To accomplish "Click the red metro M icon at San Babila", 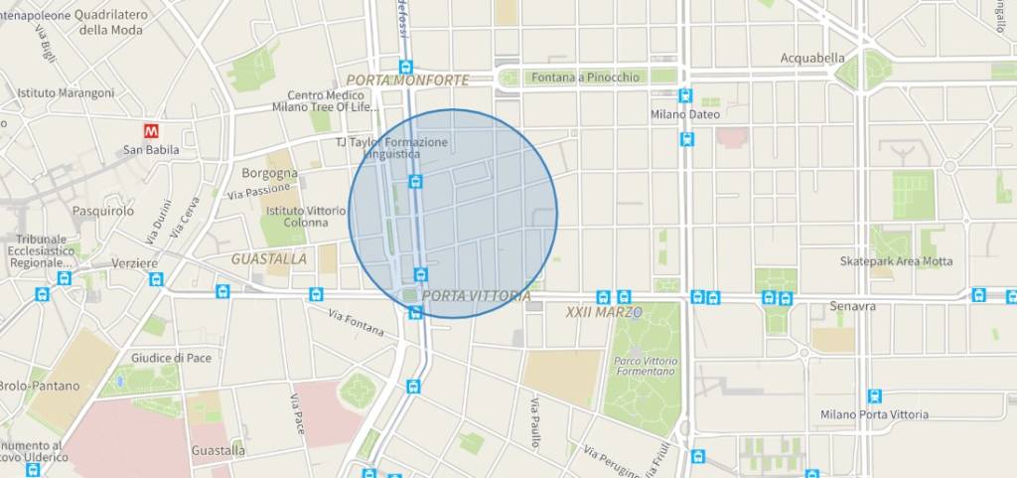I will [152, 130].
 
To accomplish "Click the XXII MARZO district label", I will [604, 312].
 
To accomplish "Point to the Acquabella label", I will [812, 58].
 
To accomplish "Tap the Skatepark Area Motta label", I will [896, 261].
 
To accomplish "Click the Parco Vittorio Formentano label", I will [646, 368].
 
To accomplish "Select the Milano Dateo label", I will [685, 114].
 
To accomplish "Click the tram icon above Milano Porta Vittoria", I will [874, 396].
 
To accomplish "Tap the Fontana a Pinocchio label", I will [585, 77].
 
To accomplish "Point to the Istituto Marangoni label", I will [66, 92].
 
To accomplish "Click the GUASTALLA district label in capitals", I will [268, 258].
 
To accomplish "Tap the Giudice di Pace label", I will [172, 358].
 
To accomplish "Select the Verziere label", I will [134, 263].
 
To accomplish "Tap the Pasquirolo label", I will [102, 211].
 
